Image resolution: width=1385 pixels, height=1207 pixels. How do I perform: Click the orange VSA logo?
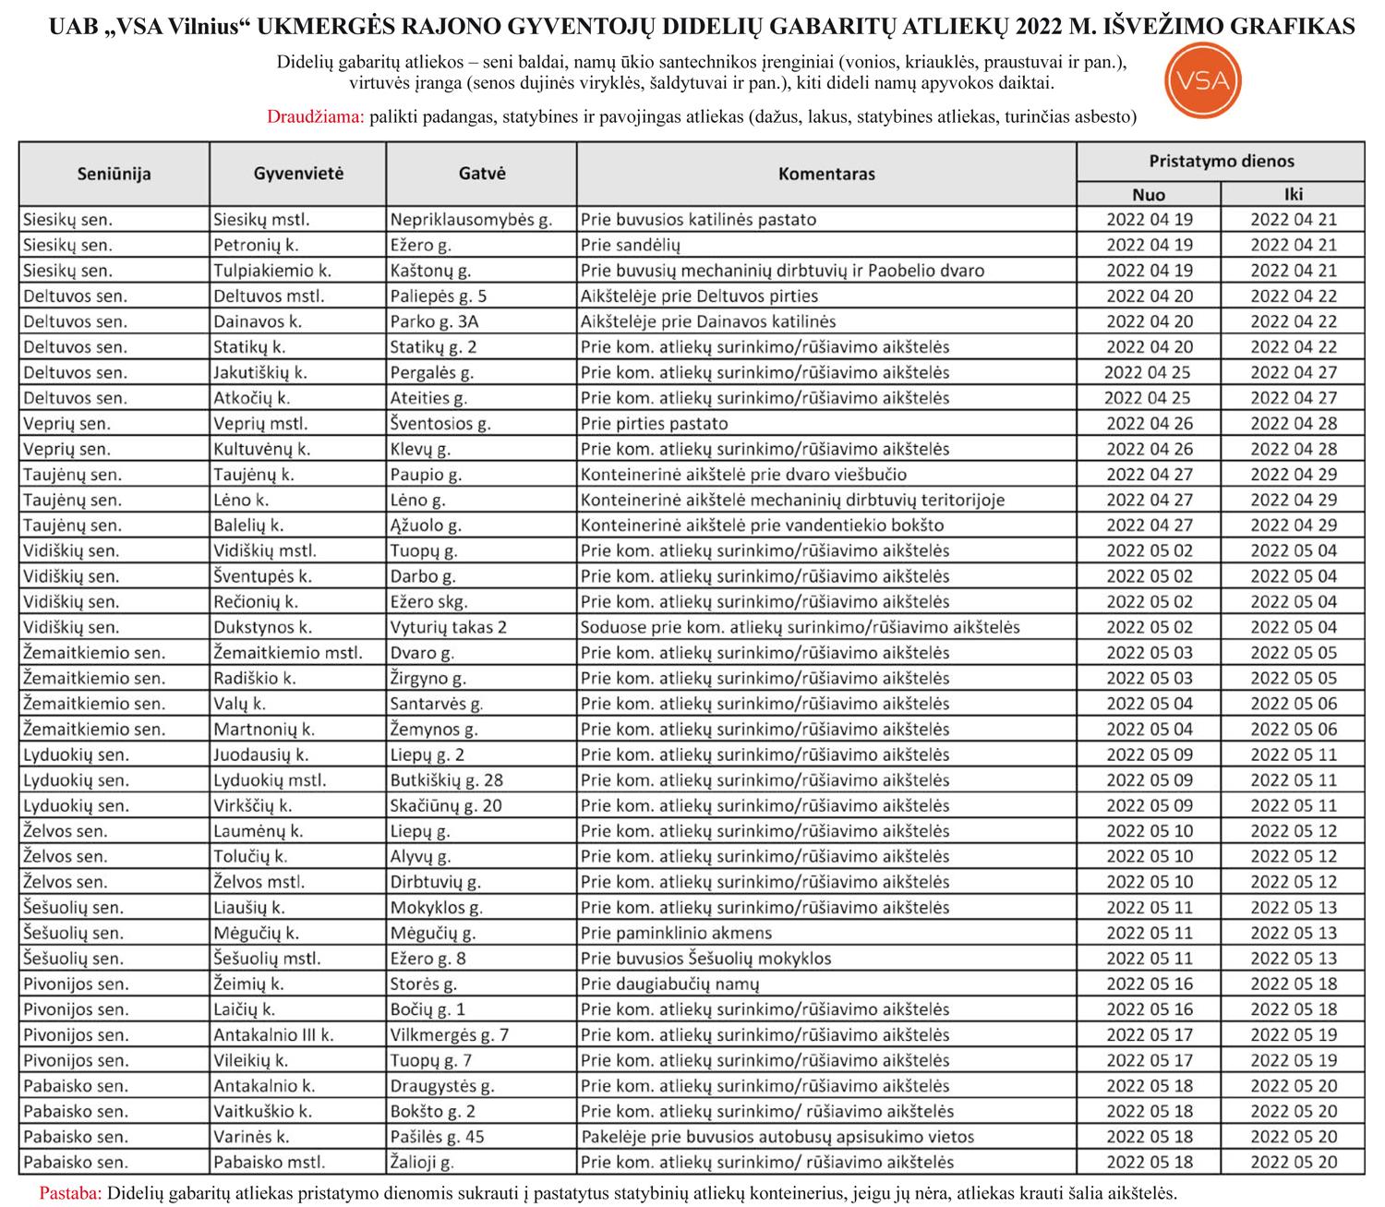point(1204,80)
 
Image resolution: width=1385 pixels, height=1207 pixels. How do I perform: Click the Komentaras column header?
point(826,174)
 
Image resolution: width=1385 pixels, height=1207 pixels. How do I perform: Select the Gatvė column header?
point(481,174)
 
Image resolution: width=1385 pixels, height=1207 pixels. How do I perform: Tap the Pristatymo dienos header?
point(1221,161)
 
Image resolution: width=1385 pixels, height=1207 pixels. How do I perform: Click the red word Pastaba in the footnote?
point(70,1192)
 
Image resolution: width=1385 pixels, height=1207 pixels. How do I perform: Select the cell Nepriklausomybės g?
point(471,220)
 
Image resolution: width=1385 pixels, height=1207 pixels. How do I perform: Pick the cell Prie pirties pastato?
point(654,424)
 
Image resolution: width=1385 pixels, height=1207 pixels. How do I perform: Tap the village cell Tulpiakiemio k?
point(271,271)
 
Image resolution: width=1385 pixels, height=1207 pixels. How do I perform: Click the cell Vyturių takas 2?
point(448,627)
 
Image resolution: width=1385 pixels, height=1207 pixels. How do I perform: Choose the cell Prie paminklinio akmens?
point(676,933)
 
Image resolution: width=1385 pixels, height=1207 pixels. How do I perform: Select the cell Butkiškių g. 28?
point(446,780)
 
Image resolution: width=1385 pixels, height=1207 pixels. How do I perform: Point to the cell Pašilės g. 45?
point(437,1137)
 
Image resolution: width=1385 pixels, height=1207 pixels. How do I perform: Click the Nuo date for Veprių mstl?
point(1149,424)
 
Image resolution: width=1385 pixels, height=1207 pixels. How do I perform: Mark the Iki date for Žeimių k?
point(1293,984)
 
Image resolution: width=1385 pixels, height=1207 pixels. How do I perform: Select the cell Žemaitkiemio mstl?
point(287,653)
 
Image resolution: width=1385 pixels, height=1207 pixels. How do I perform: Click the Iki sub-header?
point(1293,194)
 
